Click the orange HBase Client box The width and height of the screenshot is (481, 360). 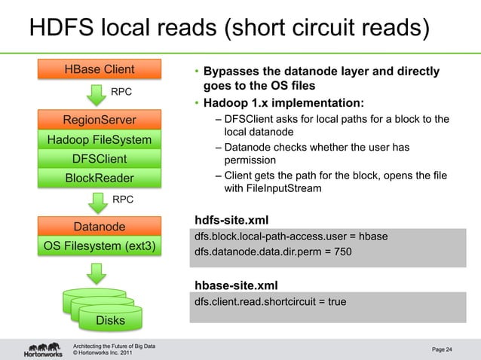pos(100,71)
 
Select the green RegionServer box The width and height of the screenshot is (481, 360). pos(100,120)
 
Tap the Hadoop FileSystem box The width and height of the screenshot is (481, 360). pos(100,139)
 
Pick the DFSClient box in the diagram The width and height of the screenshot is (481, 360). pos(100,159)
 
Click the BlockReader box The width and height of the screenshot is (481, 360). pos(100,178)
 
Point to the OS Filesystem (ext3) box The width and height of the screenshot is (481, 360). pos(100,246)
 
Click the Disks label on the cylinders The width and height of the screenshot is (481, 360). pos(100,322)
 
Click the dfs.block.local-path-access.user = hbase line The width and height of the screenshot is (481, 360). pos(291,236)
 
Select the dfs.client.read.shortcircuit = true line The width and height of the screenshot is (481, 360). pos(270,302)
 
